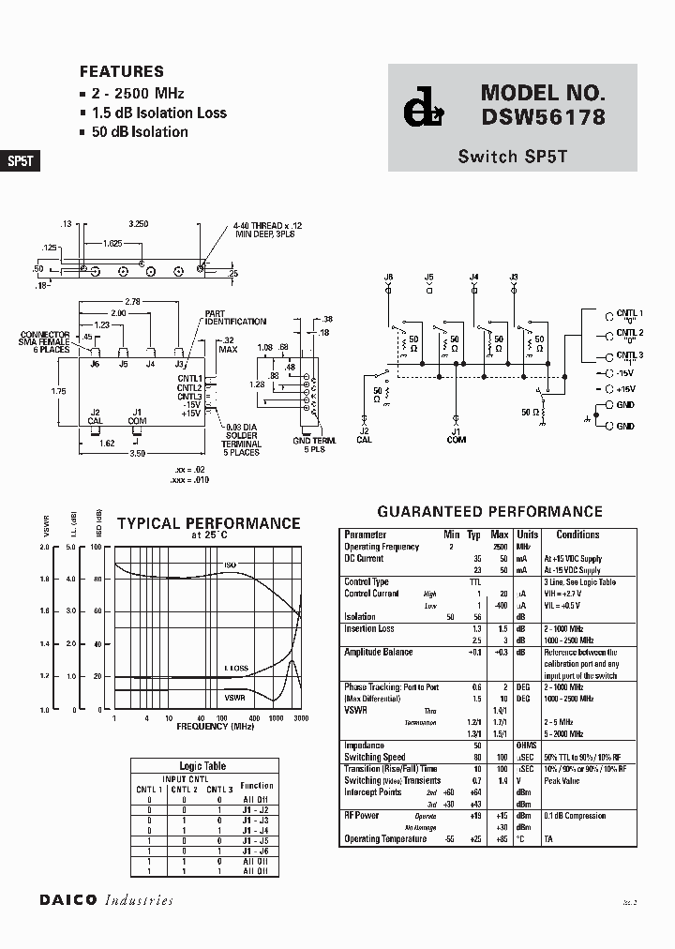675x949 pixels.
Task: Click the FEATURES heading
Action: [x=121, y=71]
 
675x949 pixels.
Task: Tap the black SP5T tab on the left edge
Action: [x=20, y=160]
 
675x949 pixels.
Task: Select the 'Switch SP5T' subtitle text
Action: [x=512, y=157]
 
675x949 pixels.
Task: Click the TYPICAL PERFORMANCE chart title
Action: [x=207, y=523]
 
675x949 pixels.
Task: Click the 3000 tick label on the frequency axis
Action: [x=300, y=717]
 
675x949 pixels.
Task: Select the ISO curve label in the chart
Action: [x=230, y=565]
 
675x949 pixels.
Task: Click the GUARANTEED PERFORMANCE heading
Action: [x=489, y=511]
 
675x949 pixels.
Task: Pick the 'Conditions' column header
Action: [x=577, y=535]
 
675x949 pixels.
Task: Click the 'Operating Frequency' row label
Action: [x=382, y=547]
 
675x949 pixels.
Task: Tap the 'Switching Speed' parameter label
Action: [x=375, y=757]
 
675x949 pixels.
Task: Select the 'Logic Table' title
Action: [x=202, y=766]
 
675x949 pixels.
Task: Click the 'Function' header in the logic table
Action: [x=256, y=786]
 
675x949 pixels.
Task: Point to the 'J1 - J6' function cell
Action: [x=256, y=851]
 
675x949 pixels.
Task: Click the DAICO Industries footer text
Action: [x=106, y=900]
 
